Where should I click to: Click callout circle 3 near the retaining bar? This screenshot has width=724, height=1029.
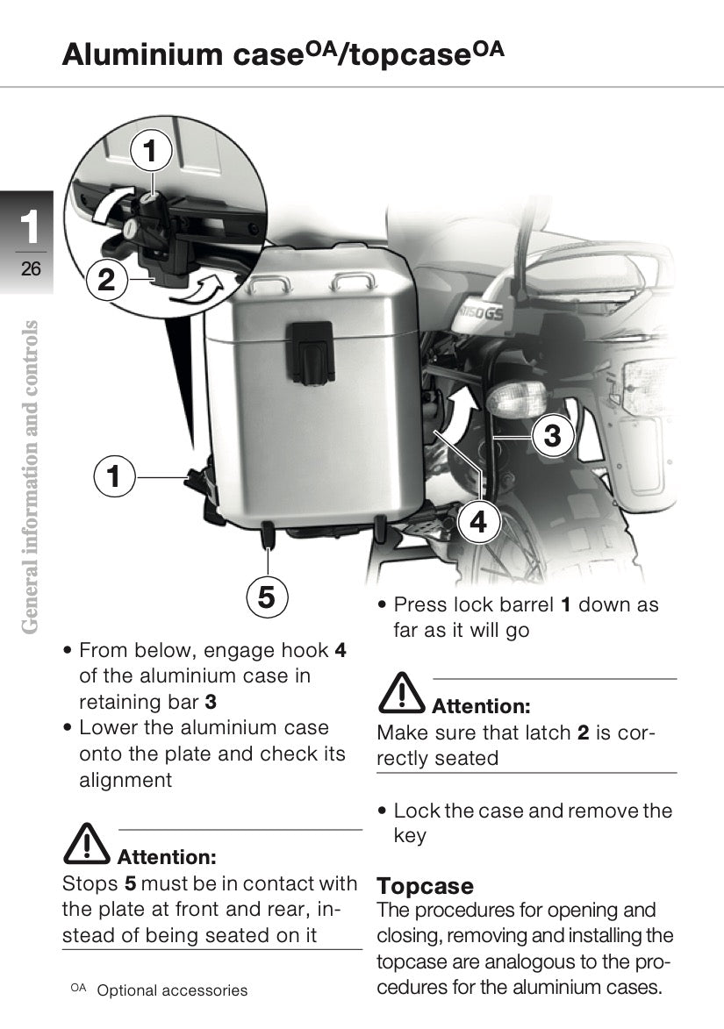coord(552,436)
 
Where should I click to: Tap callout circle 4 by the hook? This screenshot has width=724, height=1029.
coord(478,522)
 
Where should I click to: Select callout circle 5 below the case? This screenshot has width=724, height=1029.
coord(267,597)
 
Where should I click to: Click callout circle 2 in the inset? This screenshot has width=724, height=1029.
coord(106,280)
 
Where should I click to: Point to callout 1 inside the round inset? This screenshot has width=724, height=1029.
coord(151,151)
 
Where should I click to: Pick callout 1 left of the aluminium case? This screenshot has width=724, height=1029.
coord(114,475)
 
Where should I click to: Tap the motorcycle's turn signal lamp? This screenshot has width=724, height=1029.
coord(517,398)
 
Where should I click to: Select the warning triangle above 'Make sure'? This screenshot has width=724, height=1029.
coord(401,693)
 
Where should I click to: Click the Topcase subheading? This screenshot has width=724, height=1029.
coord(425,886)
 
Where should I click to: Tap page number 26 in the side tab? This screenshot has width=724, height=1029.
coord(30,268)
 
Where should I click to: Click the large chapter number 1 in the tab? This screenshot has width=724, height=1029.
coord(30,227)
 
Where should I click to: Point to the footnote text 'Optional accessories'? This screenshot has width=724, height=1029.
coord(172,990)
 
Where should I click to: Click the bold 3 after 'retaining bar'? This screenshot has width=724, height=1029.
coord(210,702)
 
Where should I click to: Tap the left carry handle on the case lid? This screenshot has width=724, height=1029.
coord(269,283)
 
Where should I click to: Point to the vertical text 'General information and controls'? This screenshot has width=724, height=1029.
coord(30,477)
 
